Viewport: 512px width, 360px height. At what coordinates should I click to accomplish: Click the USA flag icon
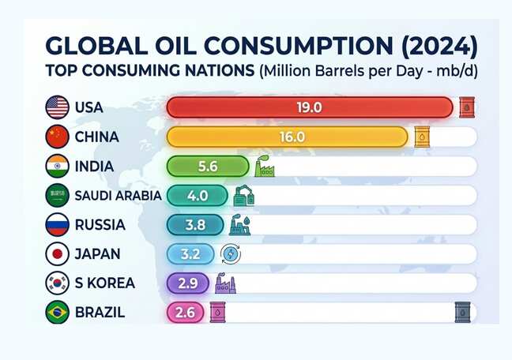58,107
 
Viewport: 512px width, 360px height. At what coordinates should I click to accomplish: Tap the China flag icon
58,137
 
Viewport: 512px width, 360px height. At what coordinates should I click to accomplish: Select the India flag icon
58,167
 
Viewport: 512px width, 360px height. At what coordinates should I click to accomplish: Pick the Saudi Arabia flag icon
58,196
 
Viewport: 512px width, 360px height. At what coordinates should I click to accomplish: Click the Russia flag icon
58,225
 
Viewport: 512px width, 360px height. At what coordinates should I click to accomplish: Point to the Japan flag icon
58,254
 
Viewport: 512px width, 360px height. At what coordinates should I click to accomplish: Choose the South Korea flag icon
58,283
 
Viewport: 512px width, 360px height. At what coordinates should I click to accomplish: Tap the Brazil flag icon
58,313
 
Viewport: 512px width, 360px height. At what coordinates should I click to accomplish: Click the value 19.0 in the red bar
307,107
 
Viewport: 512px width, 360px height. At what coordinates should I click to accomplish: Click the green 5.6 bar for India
209,167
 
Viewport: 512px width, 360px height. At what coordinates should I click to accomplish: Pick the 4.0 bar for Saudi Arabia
198,196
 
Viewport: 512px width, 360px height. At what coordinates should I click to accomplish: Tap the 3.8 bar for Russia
195,225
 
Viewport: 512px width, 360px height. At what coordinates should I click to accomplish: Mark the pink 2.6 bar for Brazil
185,313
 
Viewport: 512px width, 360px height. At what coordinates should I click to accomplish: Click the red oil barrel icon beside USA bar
468,107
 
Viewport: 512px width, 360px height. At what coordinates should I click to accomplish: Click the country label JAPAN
99,254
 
